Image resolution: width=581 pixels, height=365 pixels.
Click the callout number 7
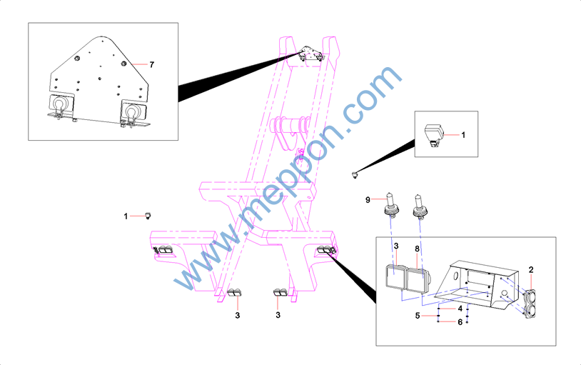[151, 65]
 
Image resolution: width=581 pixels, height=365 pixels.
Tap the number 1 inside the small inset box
[463, 135]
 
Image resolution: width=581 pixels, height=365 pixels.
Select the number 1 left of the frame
[126, 216]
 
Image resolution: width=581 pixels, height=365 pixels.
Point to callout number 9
[368, 200]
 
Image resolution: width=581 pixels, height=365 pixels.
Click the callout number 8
[418, 249]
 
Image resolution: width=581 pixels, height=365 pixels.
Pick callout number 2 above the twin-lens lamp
[531, 270]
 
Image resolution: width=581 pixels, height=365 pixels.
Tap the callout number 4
[460, 309]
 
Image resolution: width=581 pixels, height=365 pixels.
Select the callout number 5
[418, 316]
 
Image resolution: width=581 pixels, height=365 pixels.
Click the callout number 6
[460, 322]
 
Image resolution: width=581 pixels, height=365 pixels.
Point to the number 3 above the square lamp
[396, 246]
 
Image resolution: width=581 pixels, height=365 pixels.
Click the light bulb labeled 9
[390, 205]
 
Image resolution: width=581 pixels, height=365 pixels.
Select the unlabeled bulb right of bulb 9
[420, 206]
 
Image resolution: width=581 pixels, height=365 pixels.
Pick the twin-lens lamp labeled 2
[530, 304]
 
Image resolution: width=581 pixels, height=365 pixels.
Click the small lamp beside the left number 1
[148, 215]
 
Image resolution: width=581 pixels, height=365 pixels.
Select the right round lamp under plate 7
[133, 111]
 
